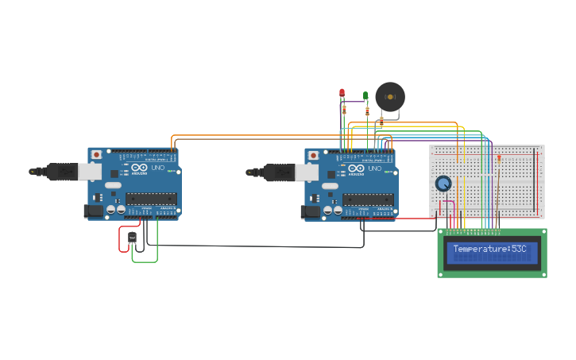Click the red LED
(x=342, y=93)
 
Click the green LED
(x=365, y=95)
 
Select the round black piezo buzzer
(x=390, y=96)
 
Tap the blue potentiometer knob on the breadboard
(x=443, y=184)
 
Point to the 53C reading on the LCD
(x=519, y=250)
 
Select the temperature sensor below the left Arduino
(x=132, y=237)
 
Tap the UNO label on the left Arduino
(x=154, y=168)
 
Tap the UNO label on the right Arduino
(x=371, y=168)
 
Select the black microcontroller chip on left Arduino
(x=151, y=199)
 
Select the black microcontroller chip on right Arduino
(x=368, y=199)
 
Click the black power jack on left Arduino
(x=94, y=211)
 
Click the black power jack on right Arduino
(x=311, y=211)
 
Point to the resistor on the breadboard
(x=499, y=159)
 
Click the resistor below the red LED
(x=344, y=109)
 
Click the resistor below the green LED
(x=367, y=111)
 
